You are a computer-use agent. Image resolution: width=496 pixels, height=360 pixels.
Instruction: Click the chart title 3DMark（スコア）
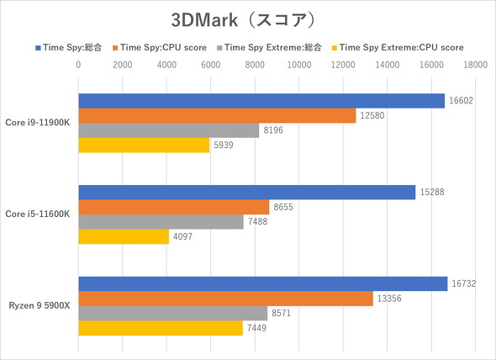tap(247, 19)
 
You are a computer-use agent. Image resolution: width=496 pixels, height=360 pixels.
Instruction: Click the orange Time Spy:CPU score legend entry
tap(165, 47)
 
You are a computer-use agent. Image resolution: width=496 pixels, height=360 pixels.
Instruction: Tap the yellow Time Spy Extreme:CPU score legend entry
tap(399, 47)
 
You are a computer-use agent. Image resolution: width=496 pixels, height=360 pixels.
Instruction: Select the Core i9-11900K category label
tap(39, 123)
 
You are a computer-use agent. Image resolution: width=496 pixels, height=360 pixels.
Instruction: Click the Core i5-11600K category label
tap(39, 214)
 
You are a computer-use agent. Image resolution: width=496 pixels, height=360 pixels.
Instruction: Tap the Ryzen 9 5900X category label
tap(40, 306)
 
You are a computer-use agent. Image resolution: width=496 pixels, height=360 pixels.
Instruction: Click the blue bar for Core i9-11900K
tap(261, 101)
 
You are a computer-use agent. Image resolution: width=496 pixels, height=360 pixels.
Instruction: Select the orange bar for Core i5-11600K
tap(173, 207)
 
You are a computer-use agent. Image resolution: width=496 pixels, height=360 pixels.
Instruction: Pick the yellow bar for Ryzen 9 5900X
tap(160, 328)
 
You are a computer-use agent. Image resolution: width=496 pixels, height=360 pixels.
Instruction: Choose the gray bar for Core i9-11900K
tap(168, 130)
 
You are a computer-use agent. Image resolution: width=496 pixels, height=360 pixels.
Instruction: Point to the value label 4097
tap(185, 237)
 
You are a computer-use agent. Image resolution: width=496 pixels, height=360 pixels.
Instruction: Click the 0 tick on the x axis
tap(78, 64)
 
